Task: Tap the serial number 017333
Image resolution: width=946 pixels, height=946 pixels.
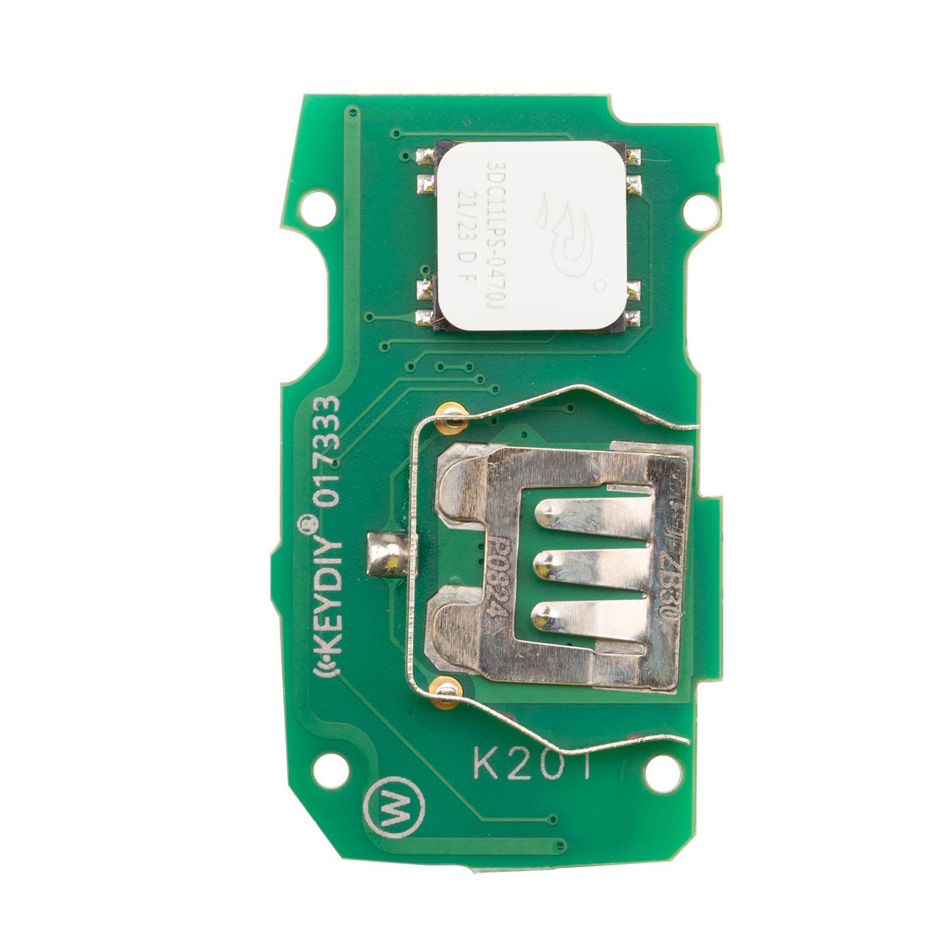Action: (329, 449)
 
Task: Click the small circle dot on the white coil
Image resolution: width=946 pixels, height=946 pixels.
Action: (600, 286)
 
